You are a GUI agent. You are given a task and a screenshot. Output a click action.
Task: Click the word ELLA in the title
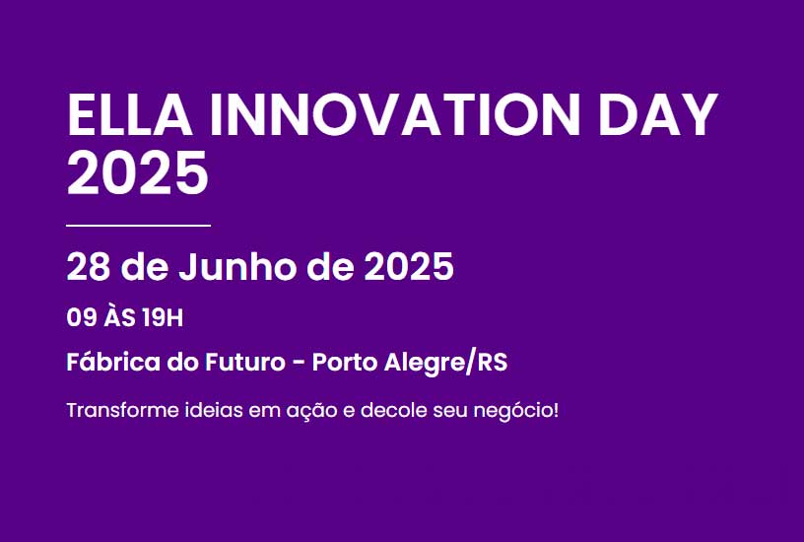coord(130,115)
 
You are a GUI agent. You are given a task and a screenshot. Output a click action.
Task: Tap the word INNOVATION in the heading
coord(395,115)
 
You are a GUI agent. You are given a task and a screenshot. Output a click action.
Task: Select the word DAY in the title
coord(658,115)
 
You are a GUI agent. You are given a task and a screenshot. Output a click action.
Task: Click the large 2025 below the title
coord(137,172)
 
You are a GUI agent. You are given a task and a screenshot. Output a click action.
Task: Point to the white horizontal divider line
coord(139,225)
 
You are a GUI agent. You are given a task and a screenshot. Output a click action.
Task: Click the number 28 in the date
coord(89,267)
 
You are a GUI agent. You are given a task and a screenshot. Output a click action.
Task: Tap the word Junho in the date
coord(236,267)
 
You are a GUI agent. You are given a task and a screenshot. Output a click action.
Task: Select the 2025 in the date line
coord(409,267)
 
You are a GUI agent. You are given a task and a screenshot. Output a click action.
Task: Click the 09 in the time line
coord(82,318)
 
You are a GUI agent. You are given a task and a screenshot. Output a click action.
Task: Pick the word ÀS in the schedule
coord(119,316)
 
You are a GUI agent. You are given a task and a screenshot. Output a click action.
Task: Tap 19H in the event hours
coord(163,318)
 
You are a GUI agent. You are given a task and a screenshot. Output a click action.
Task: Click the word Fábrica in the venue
coord(114,362)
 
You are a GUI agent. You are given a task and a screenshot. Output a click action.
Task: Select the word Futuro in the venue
coord(245,362)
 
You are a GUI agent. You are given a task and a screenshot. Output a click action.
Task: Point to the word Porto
coord(345,362)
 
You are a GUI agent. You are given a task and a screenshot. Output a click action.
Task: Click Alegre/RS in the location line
coord(445,363)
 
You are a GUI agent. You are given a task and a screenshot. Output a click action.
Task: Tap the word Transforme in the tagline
coord(122,410)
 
